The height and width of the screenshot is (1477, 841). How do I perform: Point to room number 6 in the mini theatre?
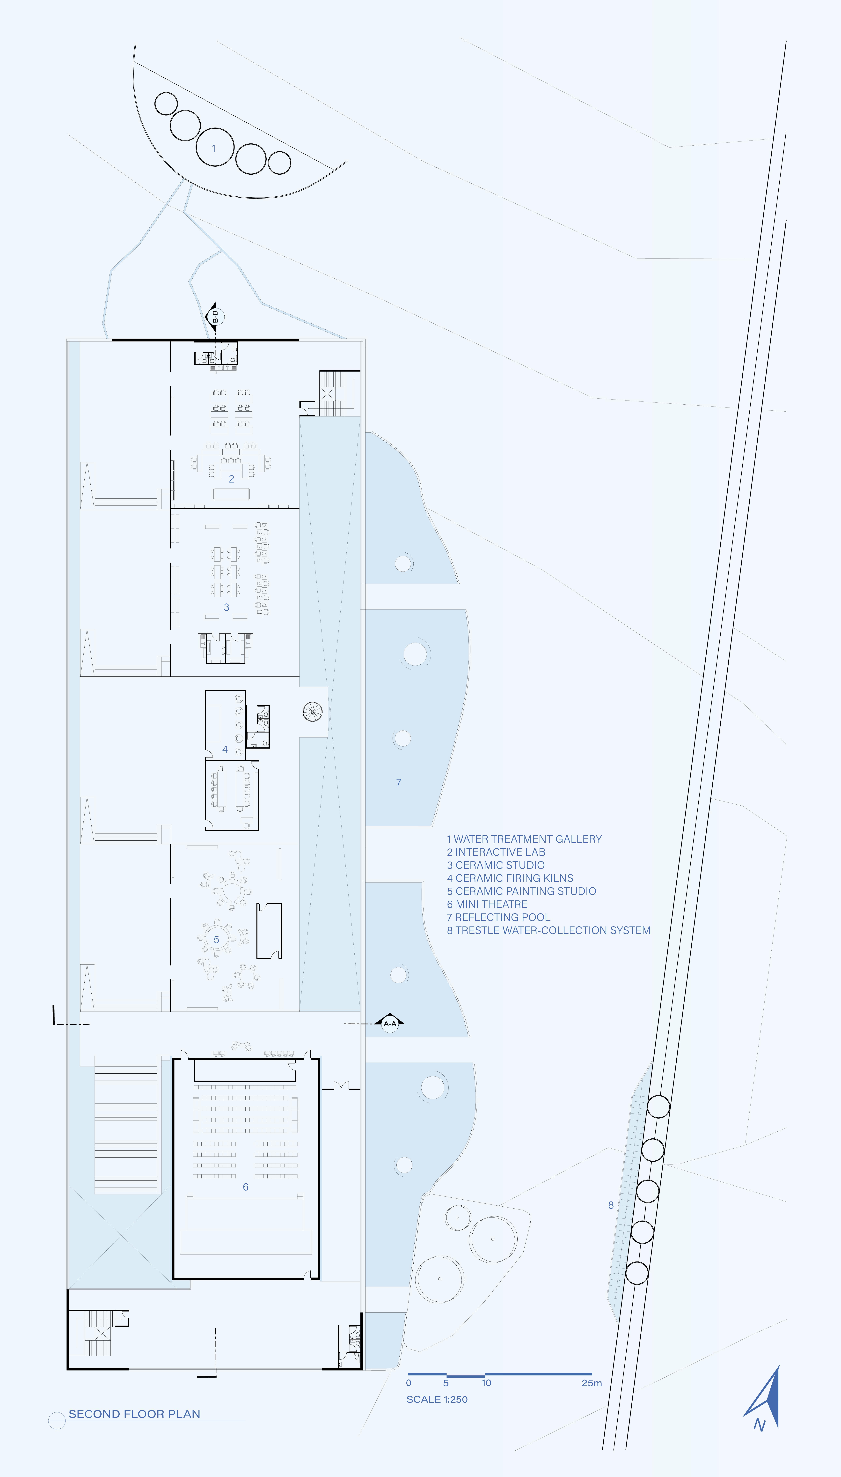[x=245, y=1187]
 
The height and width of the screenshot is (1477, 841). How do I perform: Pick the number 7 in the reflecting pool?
[x=399, y=782]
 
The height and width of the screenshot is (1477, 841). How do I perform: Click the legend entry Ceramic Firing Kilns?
[x=510, y=878]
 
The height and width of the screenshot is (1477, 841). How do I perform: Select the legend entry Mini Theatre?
[x=487, y=904]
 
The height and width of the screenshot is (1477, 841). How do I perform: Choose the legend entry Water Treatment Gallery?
[x=524, y=839]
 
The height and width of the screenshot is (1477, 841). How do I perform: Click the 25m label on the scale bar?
[x=592, y=1383]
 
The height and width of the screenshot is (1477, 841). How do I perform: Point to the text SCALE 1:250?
[x=437, y=1399]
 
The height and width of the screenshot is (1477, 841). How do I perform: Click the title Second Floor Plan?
[x=135, y=1413]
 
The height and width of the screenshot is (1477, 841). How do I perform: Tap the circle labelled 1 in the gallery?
[x=215, y=147]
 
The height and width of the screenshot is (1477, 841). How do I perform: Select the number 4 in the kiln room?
[x=225, y=749]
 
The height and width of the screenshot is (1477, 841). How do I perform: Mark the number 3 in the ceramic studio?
[x=227, y=607]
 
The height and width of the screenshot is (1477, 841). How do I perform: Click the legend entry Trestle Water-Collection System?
[x=549, y=930]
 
